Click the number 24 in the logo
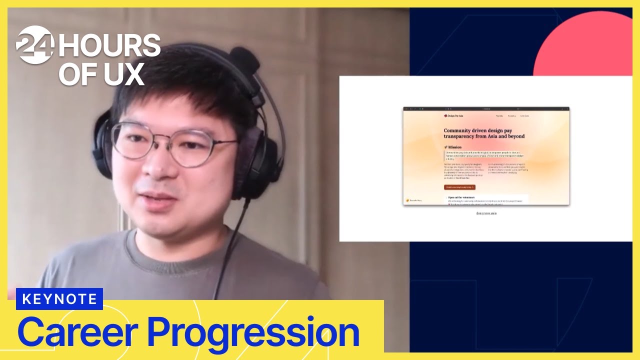tap(35, 45)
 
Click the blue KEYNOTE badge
tap(59, 299)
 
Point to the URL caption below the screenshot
tap(486, 213)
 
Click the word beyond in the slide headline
tap(514, 136)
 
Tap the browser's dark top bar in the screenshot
tap(486, 108)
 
